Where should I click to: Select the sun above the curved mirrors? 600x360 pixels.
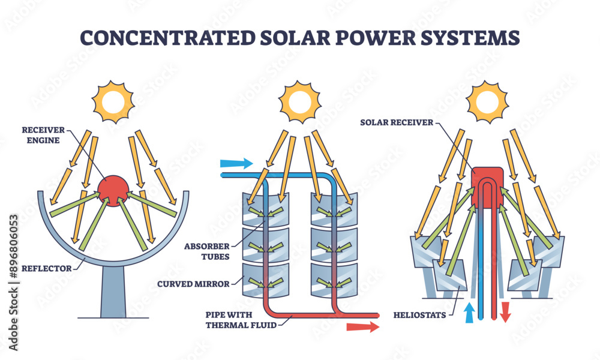pyautogui.click(x=300, y=100)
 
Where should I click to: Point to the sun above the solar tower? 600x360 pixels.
pyautogui.click(x=487, y=100)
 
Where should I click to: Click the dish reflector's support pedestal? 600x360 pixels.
pyautogui.click(x=113, y=295)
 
